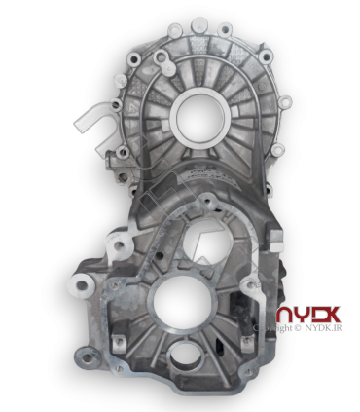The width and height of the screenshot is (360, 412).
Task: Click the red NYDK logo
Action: [x=308, y=315]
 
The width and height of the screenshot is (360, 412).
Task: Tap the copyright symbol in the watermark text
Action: [x=297, y=328]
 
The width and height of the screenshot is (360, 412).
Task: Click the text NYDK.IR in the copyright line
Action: [x=323, y=328]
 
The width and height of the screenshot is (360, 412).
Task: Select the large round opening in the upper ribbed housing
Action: [x=199, y=118]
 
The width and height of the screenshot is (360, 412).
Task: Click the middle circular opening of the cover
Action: [x=207, y=241]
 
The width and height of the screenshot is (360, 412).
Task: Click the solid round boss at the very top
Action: [x=199, y=25]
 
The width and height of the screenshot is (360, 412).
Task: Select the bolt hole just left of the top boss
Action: [x=175, y=31]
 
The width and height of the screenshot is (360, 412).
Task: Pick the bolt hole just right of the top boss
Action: [x=225, y=30]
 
